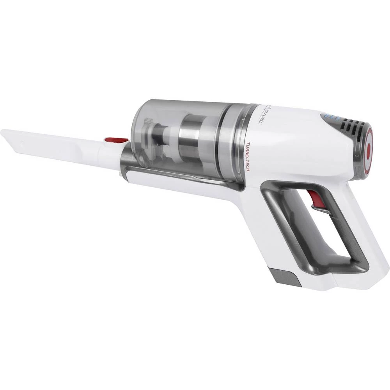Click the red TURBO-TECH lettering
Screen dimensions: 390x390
pyautogui.click(x=247, y=160)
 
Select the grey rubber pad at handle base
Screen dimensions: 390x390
pyautogui.click(x=284, y=276)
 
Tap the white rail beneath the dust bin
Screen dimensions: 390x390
pyautogui.click(x=183, y=187)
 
